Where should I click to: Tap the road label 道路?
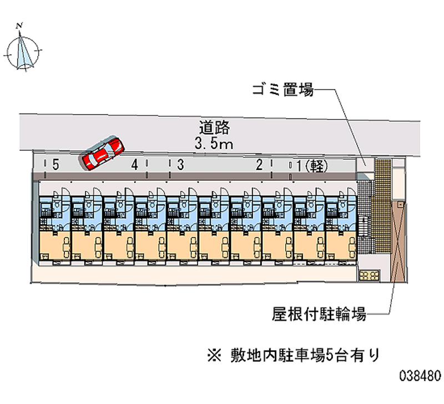tap(214, 128)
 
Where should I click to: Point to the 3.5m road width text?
tap(214, 143)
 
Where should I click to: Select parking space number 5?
tap(56, 164)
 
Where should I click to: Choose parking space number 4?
tap(135, 164)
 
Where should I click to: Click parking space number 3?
tap(180, 164)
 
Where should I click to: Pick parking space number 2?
tap(259, 164)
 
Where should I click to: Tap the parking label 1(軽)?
tap(312, 166)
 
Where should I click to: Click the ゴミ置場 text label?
tap(283, 89)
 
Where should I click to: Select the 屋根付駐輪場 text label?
tap(319, 314)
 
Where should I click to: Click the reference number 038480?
tap(420, 376)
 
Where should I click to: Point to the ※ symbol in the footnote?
tap(214, 356)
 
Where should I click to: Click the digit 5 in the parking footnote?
tap(330, 356)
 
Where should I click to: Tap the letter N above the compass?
tap(19, 26)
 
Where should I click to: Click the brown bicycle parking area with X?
tap(398, 241)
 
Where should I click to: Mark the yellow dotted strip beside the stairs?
tap(383, 206)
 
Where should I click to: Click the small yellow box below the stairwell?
tap(370, 275)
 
